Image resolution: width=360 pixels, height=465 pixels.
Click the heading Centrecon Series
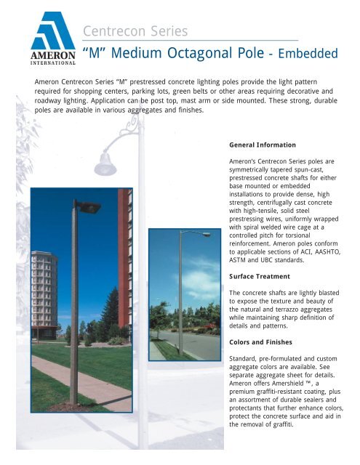[x=135, y=32]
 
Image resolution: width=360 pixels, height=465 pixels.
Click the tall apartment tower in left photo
[x=45, y=290]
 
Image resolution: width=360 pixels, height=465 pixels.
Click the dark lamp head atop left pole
[x=87, y=206]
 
